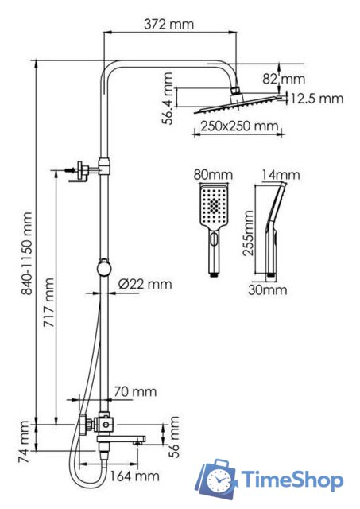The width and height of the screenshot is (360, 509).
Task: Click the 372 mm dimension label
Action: click(x=168, y=25)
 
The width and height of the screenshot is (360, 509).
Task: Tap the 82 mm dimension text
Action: click(x=284, y=79)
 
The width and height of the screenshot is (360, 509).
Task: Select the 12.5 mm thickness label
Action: click(x=316, y=99)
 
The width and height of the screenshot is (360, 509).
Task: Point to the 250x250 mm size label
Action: click(x=239, y=126)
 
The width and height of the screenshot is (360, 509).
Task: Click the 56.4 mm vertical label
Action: click(x=168, y=99)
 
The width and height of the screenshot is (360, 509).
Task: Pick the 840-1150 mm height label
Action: click(x=26, y=253)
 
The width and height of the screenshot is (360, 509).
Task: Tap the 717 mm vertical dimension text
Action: click(x=49, y=302)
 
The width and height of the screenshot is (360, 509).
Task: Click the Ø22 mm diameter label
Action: click(x=145, y=284)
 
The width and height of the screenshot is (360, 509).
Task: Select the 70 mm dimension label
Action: click(x=135, y=391)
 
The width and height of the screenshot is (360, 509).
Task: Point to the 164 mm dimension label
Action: click(x=134, y=476)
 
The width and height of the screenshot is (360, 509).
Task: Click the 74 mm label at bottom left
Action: click(x=24, y=441)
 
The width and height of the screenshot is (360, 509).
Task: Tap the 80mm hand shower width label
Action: click(x=213, y=175)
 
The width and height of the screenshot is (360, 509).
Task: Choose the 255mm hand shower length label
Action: click(x=249, y=233)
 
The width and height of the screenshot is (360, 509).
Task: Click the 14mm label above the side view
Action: click(x=281, y=175)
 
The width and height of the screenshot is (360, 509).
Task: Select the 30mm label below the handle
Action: click(x=268, y=289)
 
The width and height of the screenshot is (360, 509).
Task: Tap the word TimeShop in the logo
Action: click(x=292, y=480)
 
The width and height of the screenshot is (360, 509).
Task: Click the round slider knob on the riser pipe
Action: click(x=104, y=269)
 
